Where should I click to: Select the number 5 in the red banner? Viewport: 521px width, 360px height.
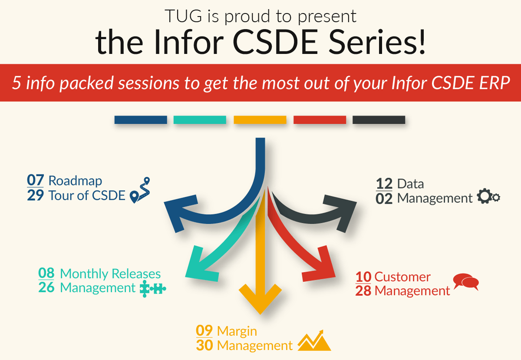[17, 83]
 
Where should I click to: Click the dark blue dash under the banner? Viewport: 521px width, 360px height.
[141, 120]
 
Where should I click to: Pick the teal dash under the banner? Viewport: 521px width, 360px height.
[200, 120]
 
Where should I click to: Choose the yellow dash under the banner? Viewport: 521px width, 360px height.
[260, 120]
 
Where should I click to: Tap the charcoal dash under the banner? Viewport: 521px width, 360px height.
[379, 120]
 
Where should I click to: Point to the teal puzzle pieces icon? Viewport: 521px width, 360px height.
[153, 288]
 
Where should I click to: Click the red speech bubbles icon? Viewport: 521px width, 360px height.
[465, 282]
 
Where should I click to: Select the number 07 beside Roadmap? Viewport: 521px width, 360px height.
[35, 180]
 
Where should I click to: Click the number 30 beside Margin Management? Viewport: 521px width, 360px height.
[204, 346]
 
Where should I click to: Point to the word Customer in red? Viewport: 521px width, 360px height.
[402, 277]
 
